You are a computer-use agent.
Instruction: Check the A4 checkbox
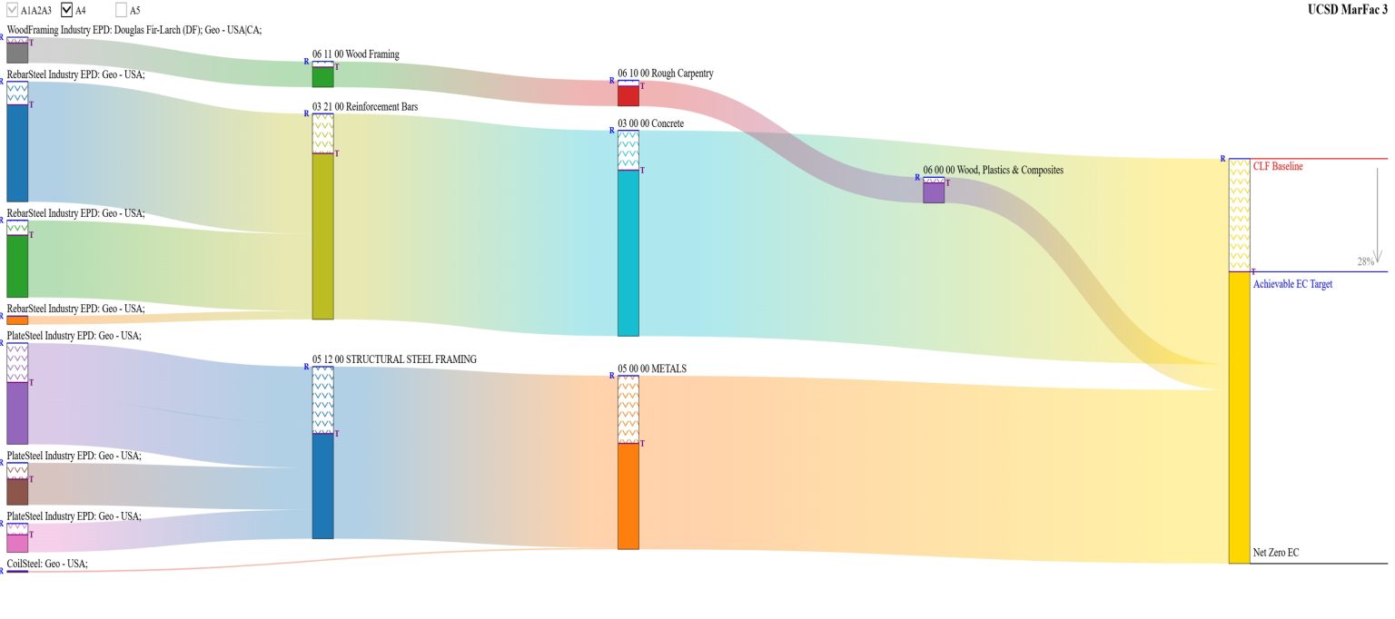click(67, 10)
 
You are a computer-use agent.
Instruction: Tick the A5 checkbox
click(122, 10)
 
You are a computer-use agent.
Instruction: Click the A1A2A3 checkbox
click(13, 10)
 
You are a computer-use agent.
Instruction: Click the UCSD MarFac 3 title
click(1347, 10)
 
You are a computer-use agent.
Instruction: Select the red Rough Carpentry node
click(628, 95)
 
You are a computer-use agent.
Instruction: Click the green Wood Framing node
click(322, 77)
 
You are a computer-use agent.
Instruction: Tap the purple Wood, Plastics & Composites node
click(934, 192)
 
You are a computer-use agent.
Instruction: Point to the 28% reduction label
click(1365, 261)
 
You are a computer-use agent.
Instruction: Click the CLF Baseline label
click(1278, 167)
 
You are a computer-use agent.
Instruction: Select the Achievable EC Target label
click(1292, 284)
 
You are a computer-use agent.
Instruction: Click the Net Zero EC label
click(1276, 553)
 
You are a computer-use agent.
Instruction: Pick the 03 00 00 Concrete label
click(650, 123)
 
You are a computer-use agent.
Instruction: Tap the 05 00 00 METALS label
click(652, 368)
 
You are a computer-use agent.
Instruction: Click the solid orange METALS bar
click(628, 496)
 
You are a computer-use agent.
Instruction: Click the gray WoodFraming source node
click(17, 53)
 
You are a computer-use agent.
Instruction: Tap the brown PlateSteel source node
click(17, 491)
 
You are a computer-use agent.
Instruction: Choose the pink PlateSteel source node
click(17, 542)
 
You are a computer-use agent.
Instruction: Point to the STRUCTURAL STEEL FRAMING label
click(394, 359)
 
